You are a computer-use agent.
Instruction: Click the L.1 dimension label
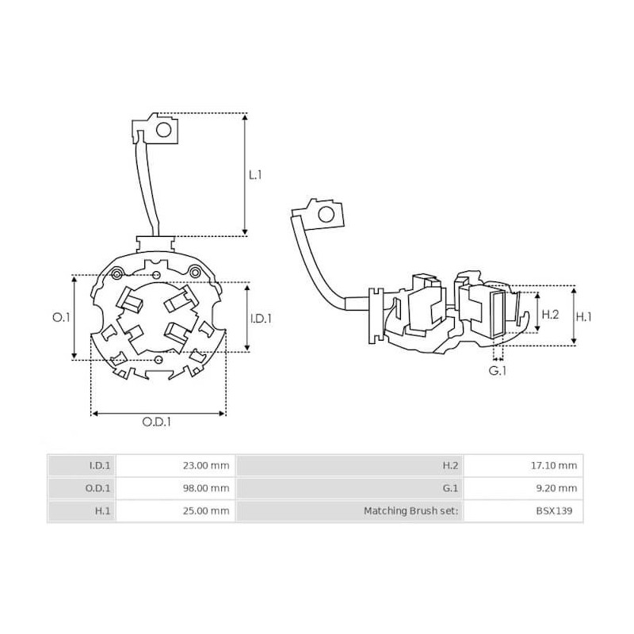255,174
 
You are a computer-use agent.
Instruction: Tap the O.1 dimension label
61,317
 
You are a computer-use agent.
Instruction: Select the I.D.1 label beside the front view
261,318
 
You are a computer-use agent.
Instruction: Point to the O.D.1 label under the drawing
158,422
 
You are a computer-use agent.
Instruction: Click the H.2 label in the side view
550,315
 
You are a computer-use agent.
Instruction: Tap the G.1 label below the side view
497,370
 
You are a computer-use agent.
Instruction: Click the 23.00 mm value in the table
206,465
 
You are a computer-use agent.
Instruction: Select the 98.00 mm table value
206,488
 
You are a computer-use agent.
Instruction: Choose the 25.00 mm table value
206,511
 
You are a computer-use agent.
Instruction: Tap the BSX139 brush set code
560,511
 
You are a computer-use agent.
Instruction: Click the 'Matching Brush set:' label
411,511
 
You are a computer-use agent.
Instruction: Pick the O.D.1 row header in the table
97,488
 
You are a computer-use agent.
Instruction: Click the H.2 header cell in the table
452,465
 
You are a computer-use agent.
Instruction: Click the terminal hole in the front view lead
165,130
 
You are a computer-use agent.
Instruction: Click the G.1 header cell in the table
452,488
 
